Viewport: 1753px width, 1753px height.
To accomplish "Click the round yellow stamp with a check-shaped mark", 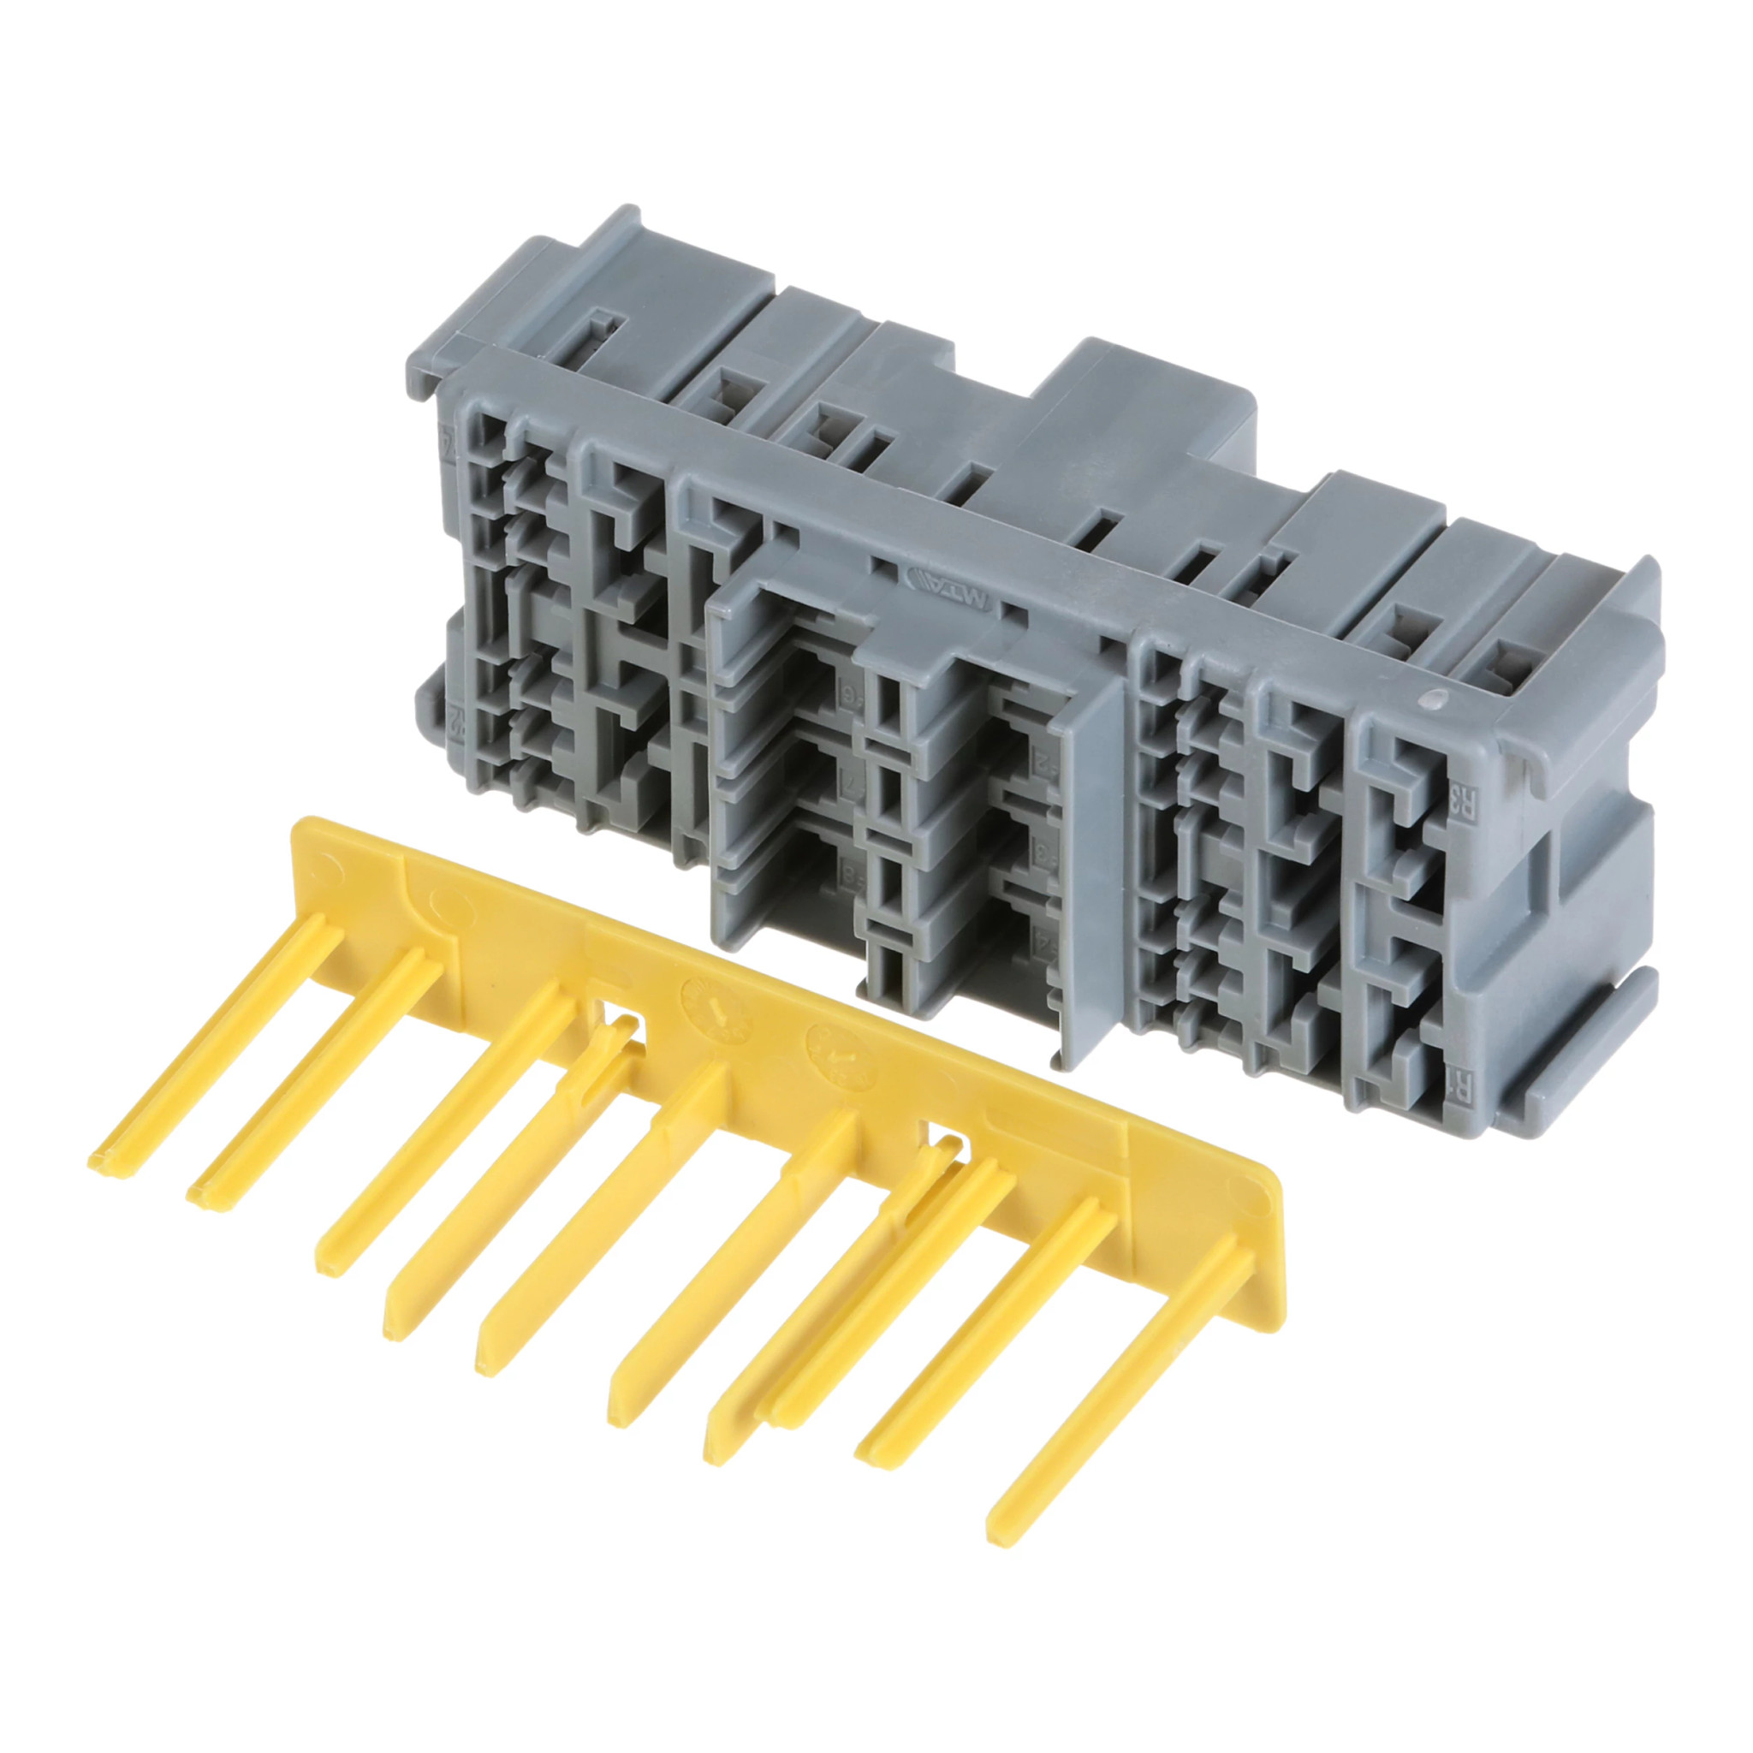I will pos(841,1055).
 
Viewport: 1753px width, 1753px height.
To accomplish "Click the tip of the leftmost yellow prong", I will pos(102,1164).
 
